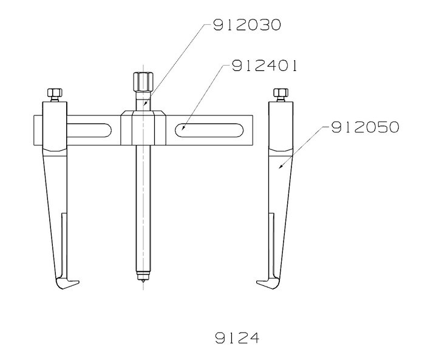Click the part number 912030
pyautogui.click(x=247, y=25)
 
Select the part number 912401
pyautogui.click(x=264, y=66)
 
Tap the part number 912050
pyautogui.click(x=365, y=127)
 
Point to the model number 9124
pyautogui.click(x=237, y=338)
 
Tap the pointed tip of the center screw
pyautogui.click(x=143, y=283)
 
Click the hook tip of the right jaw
pyautogui.click(x=257, y=282)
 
